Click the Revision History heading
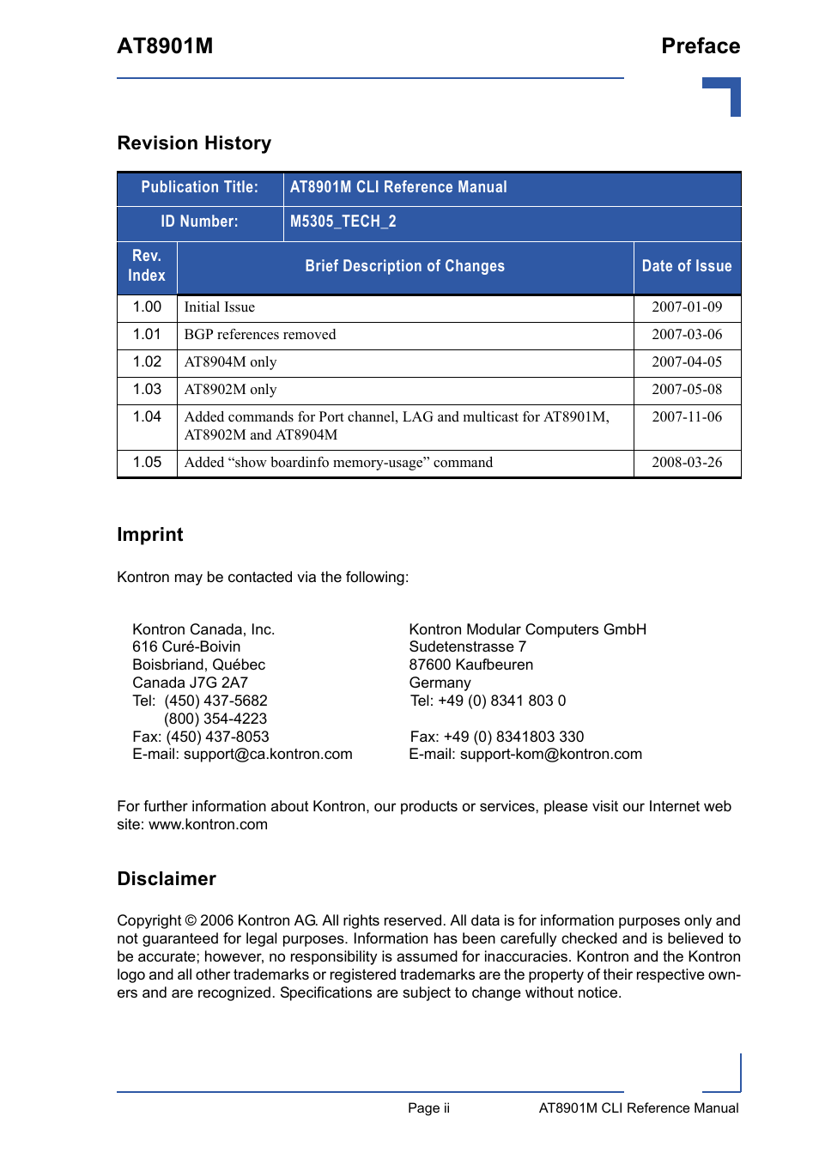194,143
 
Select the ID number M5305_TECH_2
343,221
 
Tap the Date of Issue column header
687,266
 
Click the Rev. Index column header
147,266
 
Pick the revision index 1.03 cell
147,390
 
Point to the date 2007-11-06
687,417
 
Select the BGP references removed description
260,335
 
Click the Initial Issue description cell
219,307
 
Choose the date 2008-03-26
687,463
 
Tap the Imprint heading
150,535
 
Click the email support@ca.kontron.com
268,755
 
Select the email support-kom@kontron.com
550,755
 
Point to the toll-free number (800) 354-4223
215,719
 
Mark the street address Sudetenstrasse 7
468,647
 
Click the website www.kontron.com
209,825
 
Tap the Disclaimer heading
167,879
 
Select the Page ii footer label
428,1108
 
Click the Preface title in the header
701,46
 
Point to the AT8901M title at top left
165,46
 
